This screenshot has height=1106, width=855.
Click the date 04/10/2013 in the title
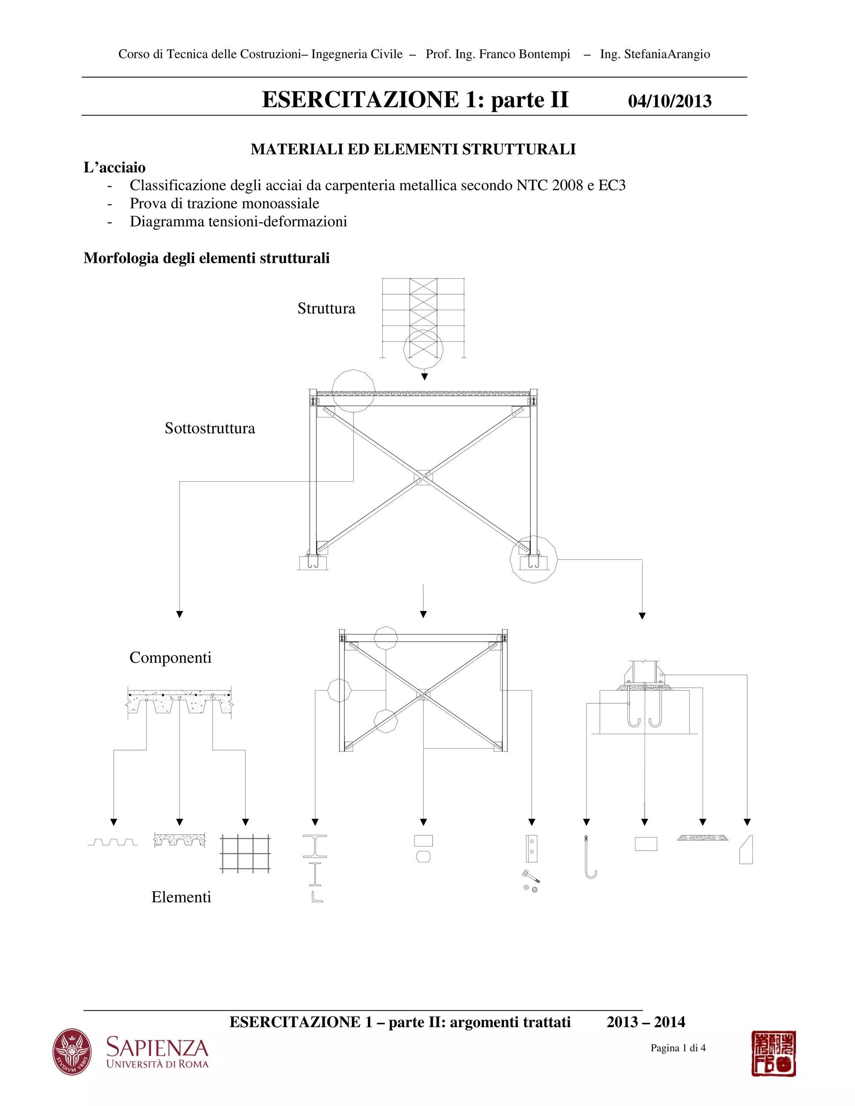point(669,101)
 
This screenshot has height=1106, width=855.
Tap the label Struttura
point(326,308)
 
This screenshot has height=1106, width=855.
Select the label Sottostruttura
point(210,429)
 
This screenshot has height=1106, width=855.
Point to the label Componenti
point(170,658)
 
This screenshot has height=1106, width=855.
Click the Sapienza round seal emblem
point(72,1051)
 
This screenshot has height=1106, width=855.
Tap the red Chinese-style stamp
point(774,1053)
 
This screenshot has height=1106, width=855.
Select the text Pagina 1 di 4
point(678,1048)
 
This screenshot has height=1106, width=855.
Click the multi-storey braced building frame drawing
point(423,318)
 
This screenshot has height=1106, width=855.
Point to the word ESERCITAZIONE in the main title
point(361,99)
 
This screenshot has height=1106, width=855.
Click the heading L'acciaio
point(114,168)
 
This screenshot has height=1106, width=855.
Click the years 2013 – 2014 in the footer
point(646,1022)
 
